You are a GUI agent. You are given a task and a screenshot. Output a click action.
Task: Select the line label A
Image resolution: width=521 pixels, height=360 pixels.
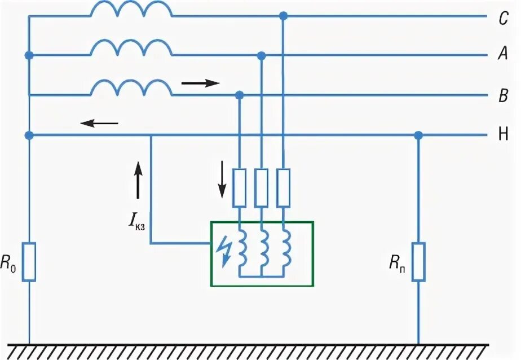pos(504,54)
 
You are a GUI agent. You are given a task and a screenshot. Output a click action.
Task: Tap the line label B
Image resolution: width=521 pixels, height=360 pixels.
pos(504,96)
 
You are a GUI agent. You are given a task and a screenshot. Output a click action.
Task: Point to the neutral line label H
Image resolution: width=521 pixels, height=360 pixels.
pos(504,135)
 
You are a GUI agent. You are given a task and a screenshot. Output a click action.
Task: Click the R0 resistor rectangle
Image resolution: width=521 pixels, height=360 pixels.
pos(29,261)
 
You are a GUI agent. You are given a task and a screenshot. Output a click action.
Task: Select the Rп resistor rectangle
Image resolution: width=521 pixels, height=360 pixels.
pos(418,261)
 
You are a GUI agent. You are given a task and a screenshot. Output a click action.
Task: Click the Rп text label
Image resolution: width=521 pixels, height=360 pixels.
pos(397,262)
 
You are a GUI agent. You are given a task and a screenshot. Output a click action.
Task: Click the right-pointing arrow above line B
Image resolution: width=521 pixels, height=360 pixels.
pos(200,84)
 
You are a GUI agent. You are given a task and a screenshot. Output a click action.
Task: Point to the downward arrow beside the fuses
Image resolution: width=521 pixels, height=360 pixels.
pos(222,179)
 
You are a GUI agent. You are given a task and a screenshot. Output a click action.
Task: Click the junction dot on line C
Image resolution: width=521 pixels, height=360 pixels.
pos(284,16)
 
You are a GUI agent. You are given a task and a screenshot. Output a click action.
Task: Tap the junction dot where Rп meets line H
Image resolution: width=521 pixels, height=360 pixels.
pos(418,135)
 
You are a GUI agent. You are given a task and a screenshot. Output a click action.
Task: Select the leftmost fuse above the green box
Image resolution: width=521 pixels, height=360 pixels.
pos(240,187)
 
